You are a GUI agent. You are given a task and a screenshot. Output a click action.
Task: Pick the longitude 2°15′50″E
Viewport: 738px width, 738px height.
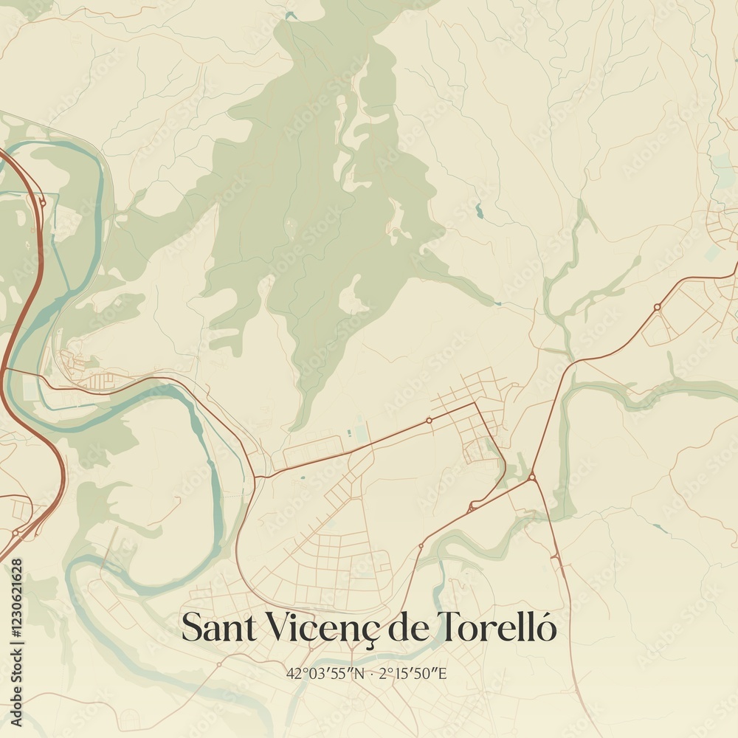[413, 673]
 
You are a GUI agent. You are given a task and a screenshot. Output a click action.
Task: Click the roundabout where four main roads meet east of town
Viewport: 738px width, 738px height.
[531, 478]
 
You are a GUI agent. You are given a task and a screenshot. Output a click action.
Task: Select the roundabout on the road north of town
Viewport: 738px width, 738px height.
[429, 421]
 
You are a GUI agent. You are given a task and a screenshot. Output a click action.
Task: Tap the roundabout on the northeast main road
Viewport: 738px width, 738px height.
[657, 306]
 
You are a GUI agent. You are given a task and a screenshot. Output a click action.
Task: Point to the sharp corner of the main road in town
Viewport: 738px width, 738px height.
[477, 402]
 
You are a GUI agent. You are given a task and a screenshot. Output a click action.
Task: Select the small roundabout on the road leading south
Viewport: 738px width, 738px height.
[421, 546]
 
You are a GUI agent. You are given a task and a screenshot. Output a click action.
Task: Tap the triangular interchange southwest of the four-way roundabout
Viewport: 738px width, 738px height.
[470, 508]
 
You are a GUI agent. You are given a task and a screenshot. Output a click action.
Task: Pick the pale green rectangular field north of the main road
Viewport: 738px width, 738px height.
[359, 432]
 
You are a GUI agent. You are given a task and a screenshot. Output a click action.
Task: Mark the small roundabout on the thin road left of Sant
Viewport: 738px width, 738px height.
[219, 664]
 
